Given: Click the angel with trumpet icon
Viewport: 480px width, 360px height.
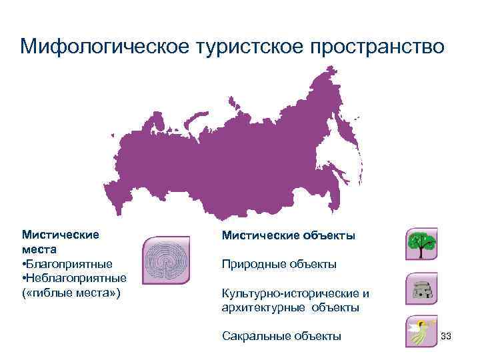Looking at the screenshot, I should click(421, 332).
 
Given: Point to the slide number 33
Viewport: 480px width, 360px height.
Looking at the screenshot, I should click(447, 335).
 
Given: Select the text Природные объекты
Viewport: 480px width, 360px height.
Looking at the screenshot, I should click(279, 264).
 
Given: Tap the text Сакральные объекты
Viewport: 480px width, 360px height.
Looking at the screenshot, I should click(281, 336).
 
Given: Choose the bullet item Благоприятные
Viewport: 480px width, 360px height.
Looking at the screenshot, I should click(69, 263).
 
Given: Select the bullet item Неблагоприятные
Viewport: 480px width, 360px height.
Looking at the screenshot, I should click(76, 277).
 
